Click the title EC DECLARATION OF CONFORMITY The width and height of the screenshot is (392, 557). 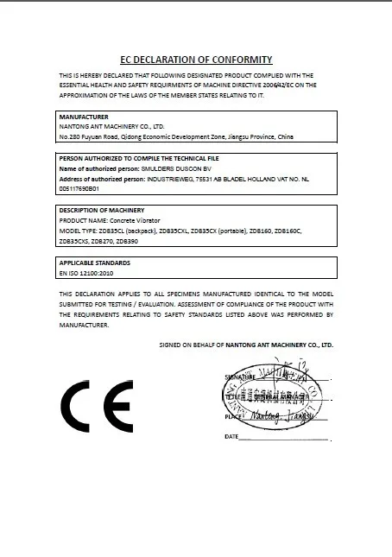195,60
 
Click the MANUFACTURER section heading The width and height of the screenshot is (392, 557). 83,116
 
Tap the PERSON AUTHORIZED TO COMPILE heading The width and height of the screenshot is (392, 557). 138,159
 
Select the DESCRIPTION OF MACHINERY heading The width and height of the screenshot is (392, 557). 101,210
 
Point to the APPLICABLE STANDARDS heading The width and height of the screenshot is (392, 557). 94,262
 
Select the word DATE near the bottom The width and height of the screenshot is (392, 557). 231,437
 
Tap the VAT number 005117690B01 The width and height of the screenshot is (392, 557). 79,187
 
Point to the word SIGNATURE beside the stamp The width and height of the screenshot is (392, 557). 240,378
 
